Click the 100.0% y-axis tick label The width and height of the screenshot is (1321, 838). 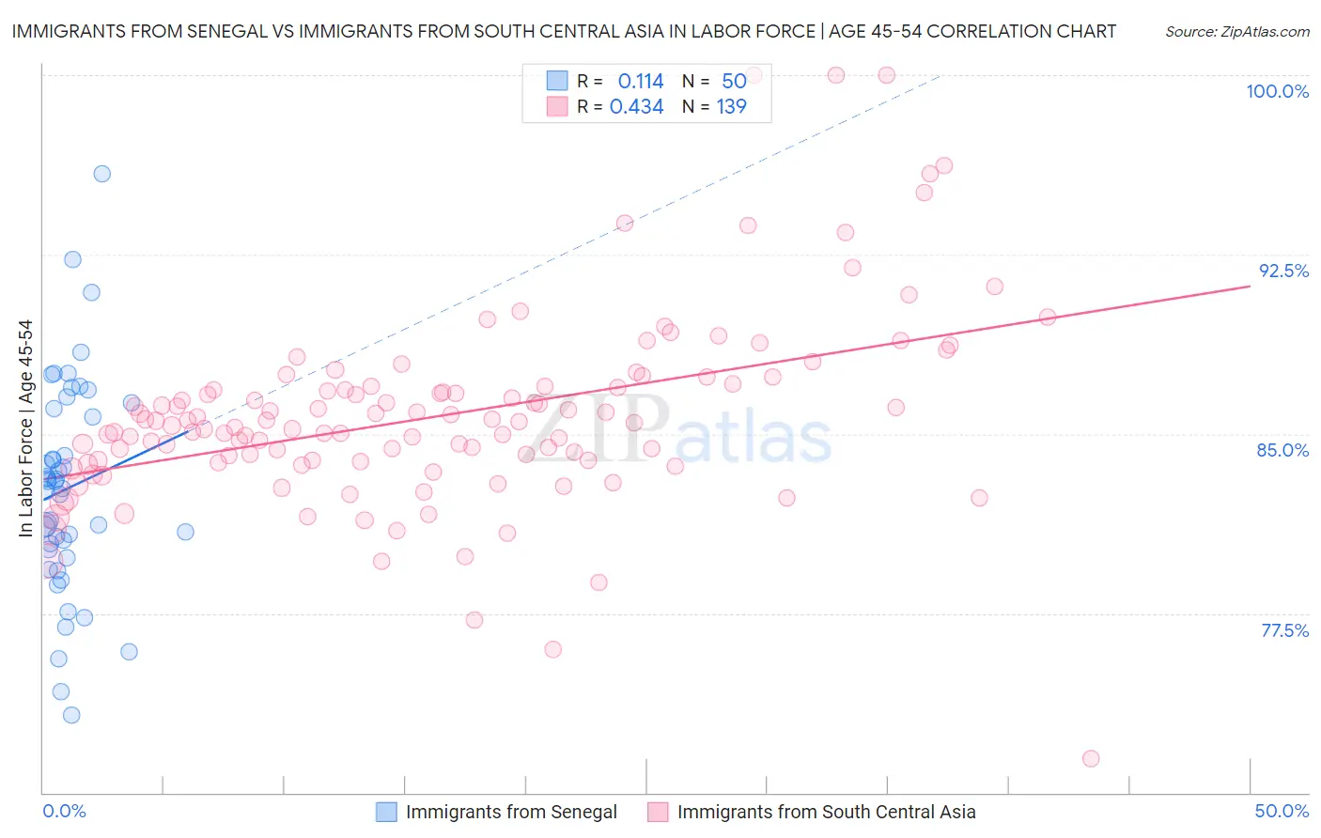1277,91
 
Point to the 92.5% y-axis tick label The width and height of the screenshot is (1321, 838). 1283,271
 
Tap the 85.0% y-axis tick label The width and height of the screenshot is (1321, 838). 1282,450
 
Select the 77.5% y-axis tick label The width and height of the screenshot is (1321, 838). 1284,630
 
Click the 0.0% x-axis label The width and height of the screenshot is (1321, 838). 64,811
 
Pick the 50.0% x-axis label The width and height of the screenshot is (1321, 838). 1282,811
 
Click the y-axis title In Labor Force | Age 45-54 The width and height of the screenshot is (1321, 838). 25,428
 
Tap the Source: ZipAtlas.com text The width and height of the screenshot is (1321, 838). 1236,32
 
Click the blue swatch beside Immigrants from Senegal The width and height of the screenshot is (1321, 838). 386,812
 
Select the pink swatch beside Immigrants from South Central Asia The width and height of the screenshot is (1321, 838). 658,812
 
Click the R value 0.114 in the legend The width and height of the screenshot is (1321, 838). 641,81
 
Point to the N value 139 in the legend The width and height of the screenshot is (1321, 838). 731,107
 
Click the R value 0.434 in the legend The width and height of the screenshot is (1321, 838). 636,107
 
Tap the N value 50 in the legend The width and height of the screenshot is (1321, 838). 734,81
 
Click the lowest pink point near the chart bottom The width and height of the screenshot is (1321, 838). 1091,758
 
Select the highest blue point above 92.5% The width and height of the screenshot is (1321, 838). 101,174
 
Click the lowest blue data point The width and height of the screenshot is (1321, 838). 71,715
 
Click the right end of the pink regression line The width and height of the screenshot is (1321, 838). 1250,286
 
